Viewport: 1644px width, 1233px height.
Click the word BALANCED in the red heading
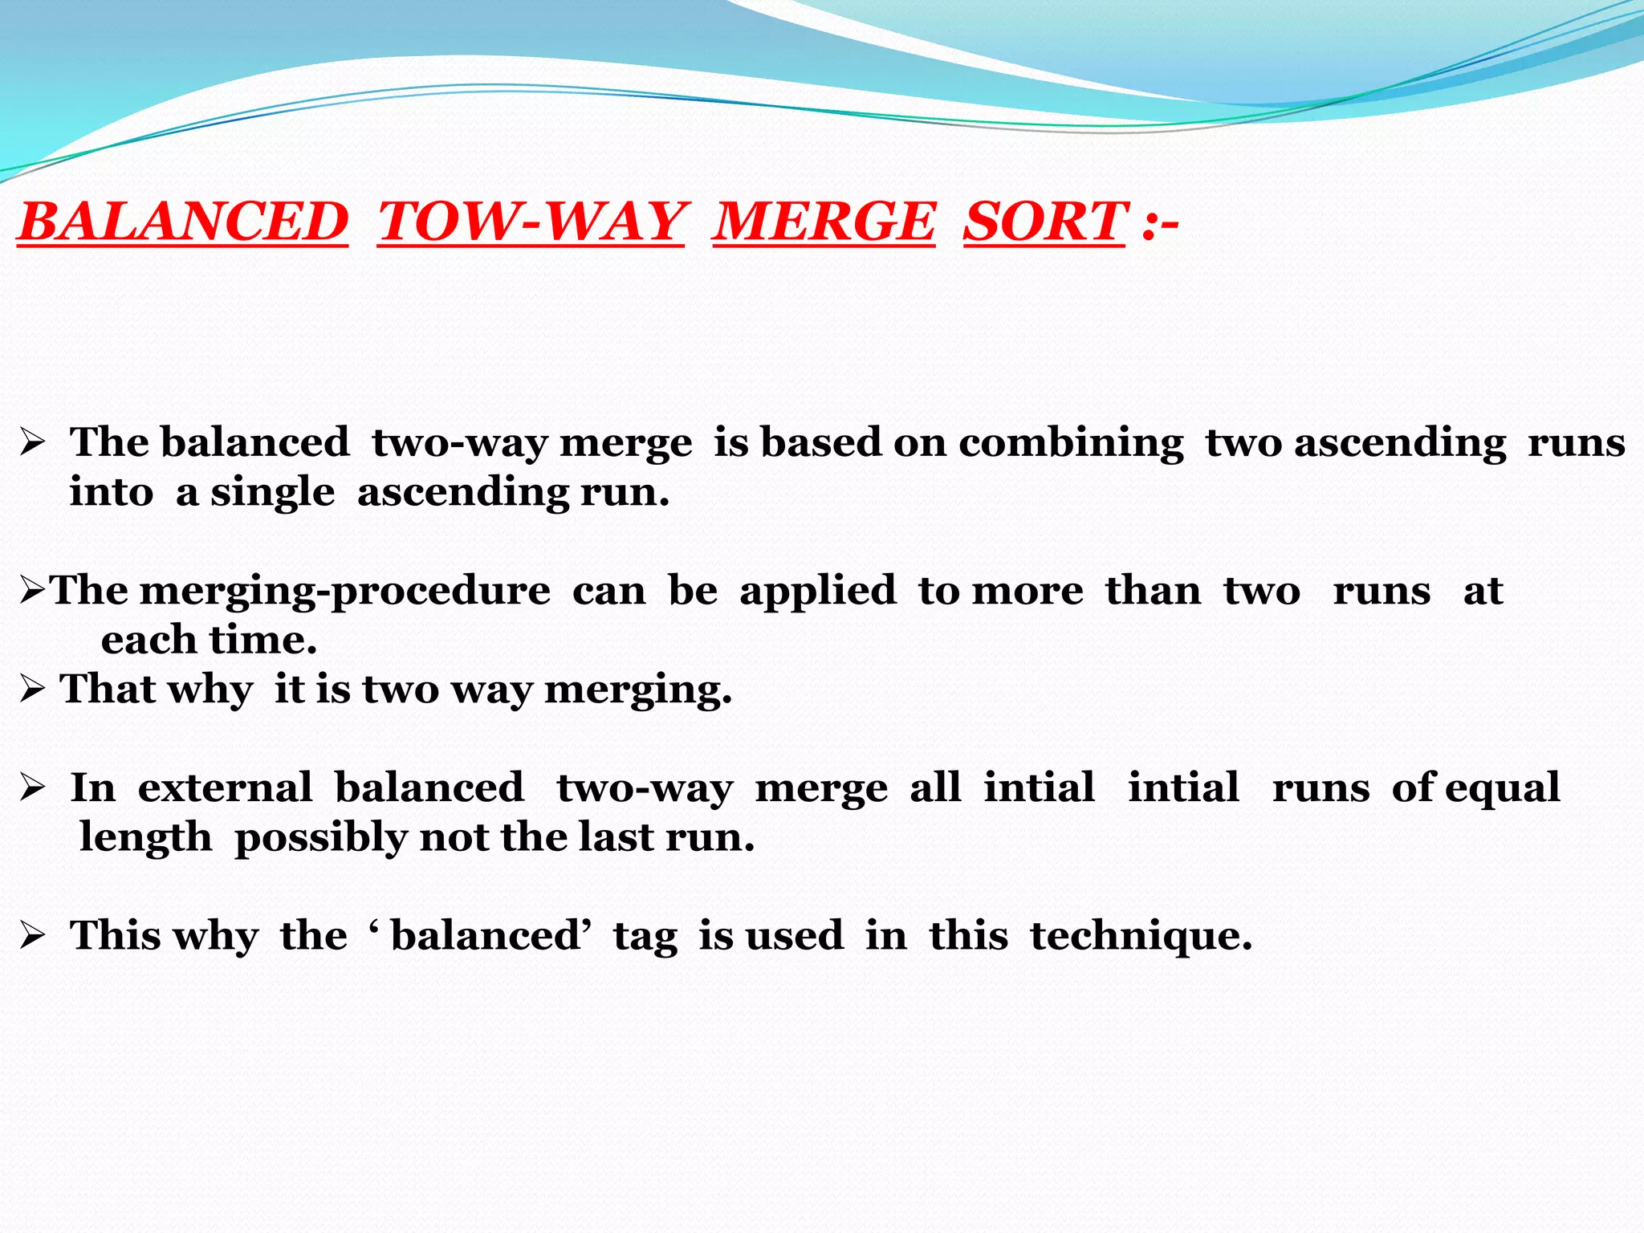pos(184,222)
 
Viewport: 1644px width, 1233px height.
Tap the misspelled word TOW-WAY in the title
pos(531,222)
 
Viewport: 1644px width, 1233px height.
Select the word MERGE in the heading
pos(824,222)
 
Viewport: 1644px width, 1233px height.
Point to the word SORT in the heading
pos(1044,222)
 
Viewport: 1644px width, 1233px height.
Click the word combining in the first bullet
pos(1071,444)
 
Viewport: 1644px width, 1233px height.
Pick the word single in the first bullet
pos(273,494)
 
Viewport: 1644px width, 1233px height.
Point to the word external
pos(225,788)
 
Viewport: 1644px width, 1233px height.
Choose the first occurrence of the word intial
pos(1040,788)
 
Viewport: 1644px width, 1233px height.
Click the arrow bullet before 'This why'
pos(32,936)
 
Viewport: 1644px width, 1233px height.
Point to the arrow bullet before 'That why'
pos(32,689)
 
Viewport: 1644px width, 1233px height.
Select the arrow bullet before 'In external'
pos(32,787)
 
